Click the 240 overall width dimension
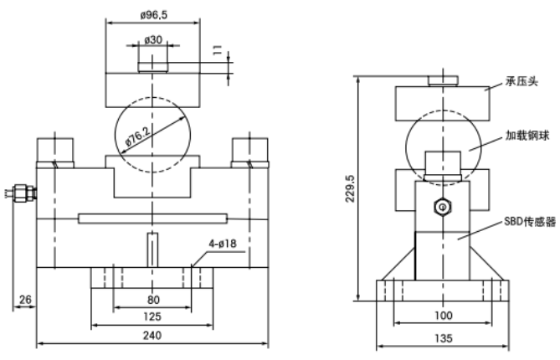pyautogui.click(x=152, y=335)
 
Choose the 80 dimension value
pyautogui.click(x=152, y=299)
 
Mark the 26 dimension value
pyautogui.click(x=25, y=299)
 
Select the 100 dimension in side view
pyautogui.click(x=444, y=316)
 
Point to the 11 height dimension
pyautogui.click(x=219, y=54)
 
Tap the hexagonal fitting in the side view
pyautogui.click(x=441, y=205)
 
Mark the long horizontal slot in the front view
pyautogui.click(x=152, y=219)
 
